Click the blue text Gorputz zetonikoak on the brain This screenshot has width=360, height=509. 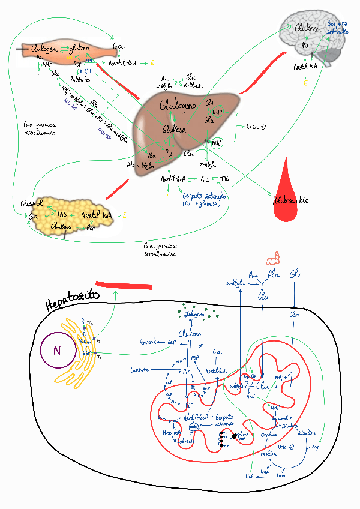(336, 28)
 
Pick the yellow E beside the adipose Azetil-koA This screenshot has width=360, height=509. (124, 214)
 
